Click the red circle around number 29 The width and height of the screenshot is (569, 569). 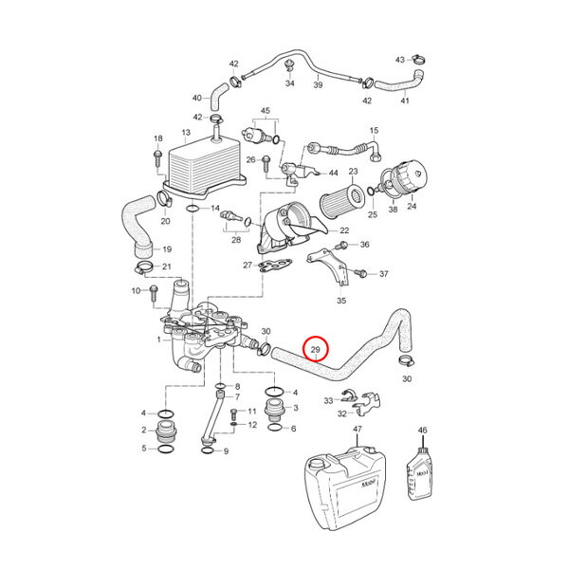[316, 352]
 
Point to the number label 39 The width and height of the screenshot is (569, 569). [319, 85]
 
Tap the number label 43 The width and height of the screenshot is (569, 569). [400, 59]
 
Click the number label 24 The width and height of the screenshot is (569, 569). [410, 215]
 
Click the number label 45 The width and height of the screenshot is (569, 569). [266, 112]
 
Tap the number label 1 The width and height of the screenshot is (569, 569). [159, 339]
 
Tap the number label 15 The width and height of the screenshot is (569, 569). [374, 130]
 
